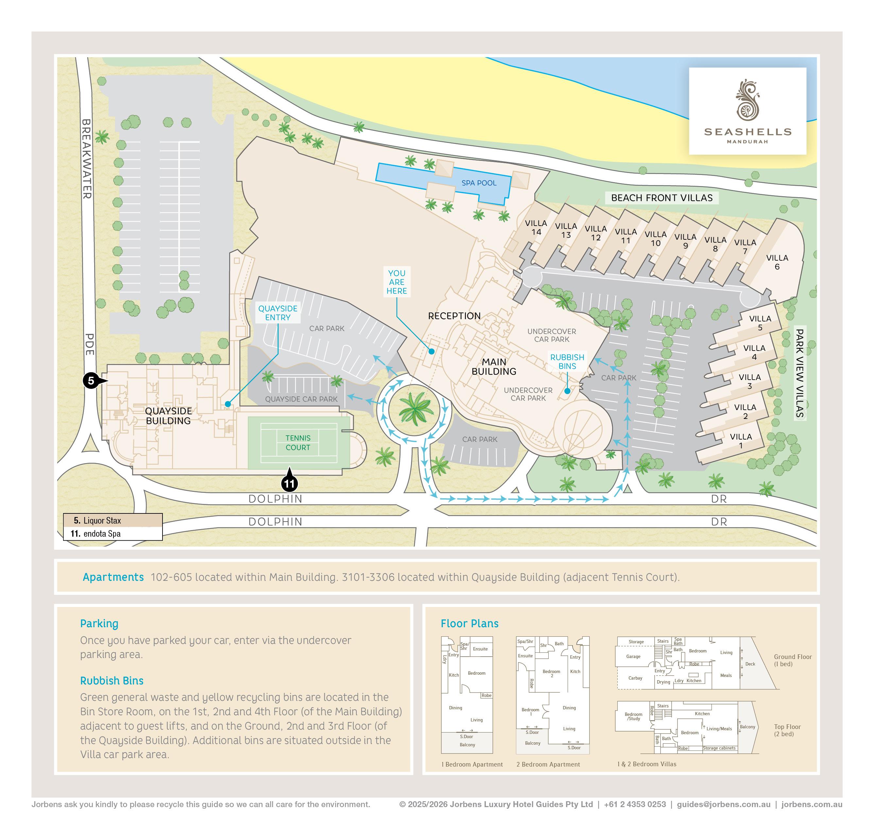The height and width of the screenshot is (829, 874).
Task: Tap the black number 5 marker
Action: click(91, 380)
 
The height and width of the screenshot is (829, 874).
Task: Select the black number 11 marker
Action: click(289, 483)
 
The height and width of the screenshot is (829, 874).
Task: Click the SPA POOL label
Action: click(479, 183)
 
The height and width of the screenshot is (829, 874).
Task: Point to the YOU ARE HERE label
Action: click(396, 282)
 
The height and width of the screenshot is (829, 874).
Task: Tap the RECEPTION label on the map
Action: click(454, 316)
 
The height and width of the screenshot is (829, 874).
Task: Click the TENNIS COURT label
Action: click(298, 443)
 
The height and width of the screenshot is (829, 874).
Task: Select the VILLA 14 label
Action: click(536, 228)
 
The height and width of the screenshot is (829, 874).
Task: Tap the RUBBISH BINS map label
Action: click(567, 361)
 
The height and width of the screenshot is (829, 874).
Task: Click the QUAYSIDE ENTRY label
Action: click(278, 313)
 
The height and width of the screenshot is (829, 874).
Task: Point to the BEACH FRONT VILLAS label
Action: click(661, 198)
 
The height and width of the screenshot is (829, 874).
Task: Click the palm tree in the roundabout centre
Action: click(414, 409)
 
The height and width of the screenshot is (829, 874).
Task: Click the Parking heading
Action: click(99, 624)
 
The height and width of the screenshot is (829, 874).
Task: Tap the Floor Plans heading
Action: click(469, 624)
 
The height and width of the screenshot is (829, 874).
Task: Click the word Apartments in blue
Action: click(113, 577)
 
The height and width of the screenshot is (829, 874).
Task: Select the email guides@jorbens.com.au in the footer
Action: click(723, 804)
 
